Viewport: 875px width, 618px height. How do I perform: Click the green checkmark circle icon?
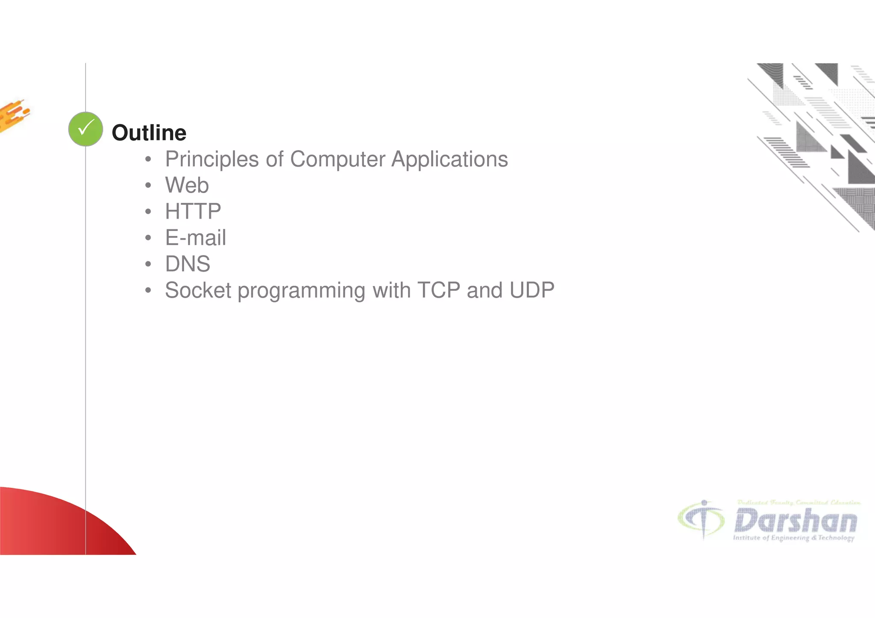pos(85,129)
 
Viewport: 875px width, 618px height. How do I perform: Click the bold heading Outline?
pos(149,133)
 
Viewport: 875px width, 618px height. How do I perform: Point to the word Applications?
pos(449,159)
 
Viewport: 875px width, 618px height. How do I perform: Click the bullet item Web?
pos(187,185)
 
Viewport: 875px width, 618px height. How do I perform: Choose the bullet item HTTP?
pos(193,211)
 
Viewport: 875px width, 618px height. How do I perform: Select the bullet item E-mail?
pos(195,238)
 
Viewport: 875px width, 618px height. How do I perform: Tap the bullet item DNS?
pos(188,264)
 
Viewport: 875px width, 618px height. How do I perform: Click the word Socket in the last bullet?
pos(198,290)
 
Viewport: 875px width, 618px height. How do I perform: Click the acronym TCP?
pos(438,290)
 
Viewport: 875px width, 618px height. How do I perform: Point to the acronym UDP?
pos(531,290)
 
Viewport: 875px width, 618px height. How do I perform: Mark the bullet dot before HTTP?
pos(148,212)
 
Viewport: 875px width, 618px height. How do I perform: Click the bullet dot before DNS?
pos(148,264)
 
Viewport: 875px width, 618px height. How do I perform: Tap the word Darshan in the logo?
pos(796,521)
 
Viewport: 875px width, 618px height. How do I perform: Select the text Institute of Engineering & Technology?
pos(793,538)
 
